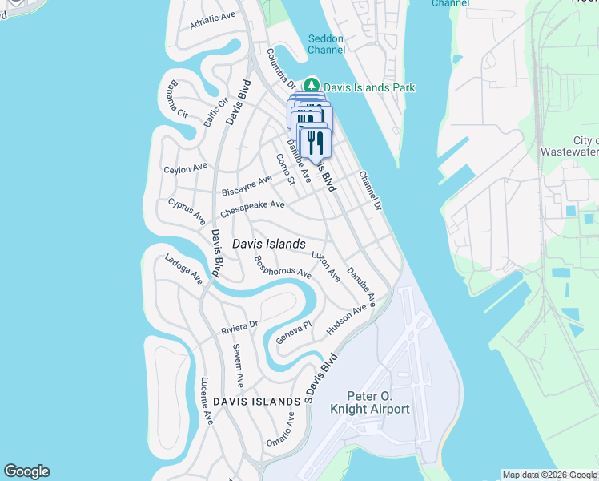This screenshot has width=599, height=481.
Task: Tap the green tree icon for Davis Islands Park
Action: point(311,86)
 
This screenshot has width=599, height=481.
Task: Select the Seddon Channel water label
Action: point(326,44)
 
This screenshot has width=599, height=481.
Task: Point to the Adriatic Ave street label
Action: point(213,21)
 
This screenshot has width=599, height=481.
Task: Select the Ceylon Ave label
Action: point(185,168)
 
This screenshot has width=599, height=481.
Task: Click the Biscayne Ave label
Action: point(247,185)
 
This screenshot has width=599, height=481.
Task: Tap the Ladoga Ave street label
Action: point(183,269)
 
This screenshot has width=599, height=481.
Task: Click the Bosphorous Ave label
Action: point(282,266)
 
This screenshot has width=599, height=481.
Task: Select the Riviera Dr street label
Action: point(239,328)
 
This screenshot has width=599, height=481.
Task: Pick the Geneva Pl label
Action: point(293,333)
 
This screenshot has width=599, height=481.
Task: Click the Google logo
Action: point(26,471)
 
